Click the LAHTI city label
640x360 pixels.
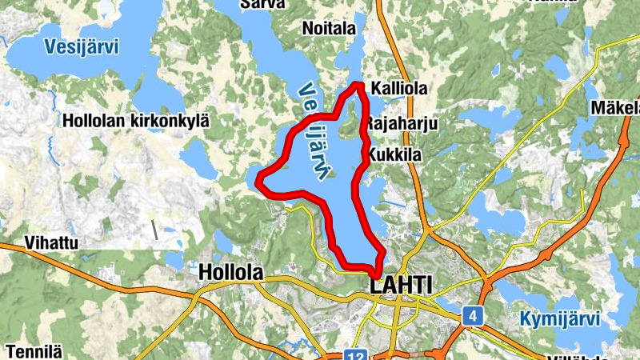click(401, 286)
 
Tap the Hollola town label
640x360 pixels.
click(230, 273)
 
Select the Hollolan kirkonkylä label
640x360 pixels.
click(136, 121)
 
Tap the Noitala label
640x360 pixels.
click(329, 29)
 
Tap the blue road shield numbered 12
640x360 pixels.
click(356, 354)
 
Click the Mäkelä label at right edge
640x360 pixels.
click(616, 107)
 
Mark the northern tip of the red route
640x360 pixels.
click(358, 85)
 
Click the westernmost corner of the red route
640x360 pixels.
click(258, 182)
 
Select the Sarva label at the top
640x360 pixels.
click(262, 4)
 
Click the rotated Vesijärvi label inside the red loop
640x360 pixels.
click(315, 132)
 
